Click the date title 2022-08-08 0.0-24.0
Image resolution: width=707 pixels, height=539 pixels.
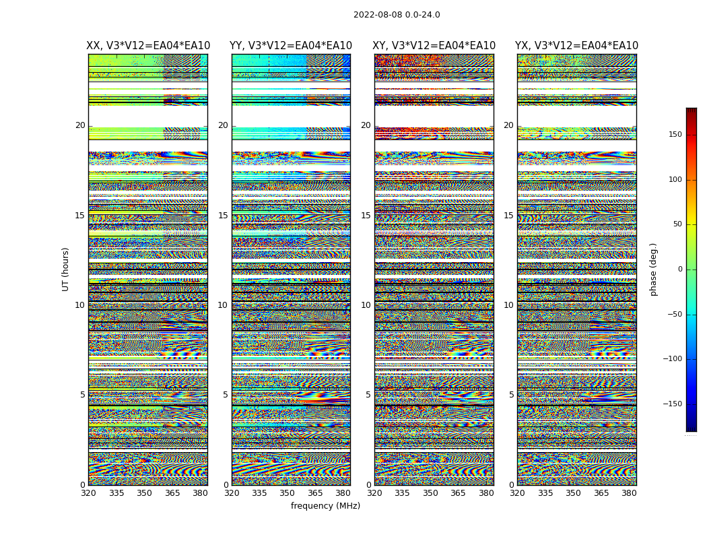coord(397,15)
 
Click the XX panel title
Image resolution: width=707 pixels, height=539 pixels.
coord(148,46)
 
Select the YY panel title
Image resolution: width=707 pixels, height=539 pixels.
coord(291,46)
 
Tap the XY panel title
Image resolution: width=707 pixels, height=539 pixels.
coord(434,46)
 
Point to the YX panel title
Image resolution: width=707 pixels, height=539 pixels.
coord(576,46)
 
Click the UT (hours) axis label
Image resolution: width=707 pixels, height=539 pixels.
coord(66,269)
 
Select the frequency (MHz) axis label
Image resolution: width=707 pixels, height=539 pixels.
coord(325,506)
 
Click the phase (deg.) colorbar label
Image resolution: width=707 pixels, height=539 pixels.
coord(654,269)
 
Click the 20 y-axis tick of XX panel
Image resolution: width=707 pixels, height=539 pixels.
coord(80,125)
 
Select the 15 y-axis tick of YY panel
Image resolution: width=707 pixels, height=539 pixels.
coord(223,216)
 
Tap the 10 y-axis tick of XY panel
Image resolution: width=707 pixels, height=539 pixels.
coord(366,305)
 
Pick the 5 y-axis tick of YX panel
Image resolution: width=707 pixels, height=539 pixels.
coord(511,395)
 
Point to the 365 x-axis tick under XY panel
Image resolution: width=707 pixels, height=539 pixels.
coord(458,493)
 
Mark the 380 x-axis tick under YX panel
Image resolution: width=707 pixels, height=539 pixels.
coord(629,493)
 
